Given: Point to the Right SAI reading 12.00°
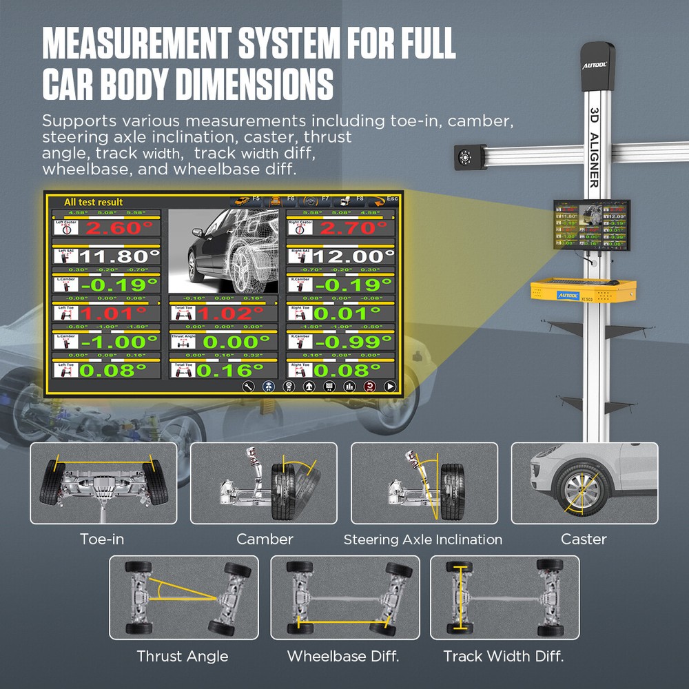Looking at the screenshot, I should [x=353, y=257].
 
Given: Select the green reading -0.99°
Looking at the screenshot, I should [x=353, y=342].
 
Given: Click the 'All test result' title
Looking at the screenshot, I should [x=93, y=202].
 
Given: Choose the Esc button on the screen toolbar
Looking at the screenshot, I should [x=383, y=200].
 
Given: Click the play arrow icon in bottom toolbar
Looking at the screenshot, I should [x=391, y=387].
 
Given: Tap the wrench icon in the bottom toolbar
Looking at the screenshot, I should [x=247, y=387].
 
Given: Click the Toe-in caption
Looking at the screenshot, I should [x=102, y=539].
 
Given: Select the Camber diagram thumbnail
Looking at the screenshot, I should [x=263, y=482].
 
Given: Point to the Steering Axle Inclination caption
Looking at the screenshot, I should [x=423, y=539].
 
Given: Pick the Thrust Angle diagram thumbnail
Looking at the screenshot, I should [x=183, y=597].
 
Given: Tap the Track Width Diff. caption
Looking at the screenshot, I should [x=503, y=656].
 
